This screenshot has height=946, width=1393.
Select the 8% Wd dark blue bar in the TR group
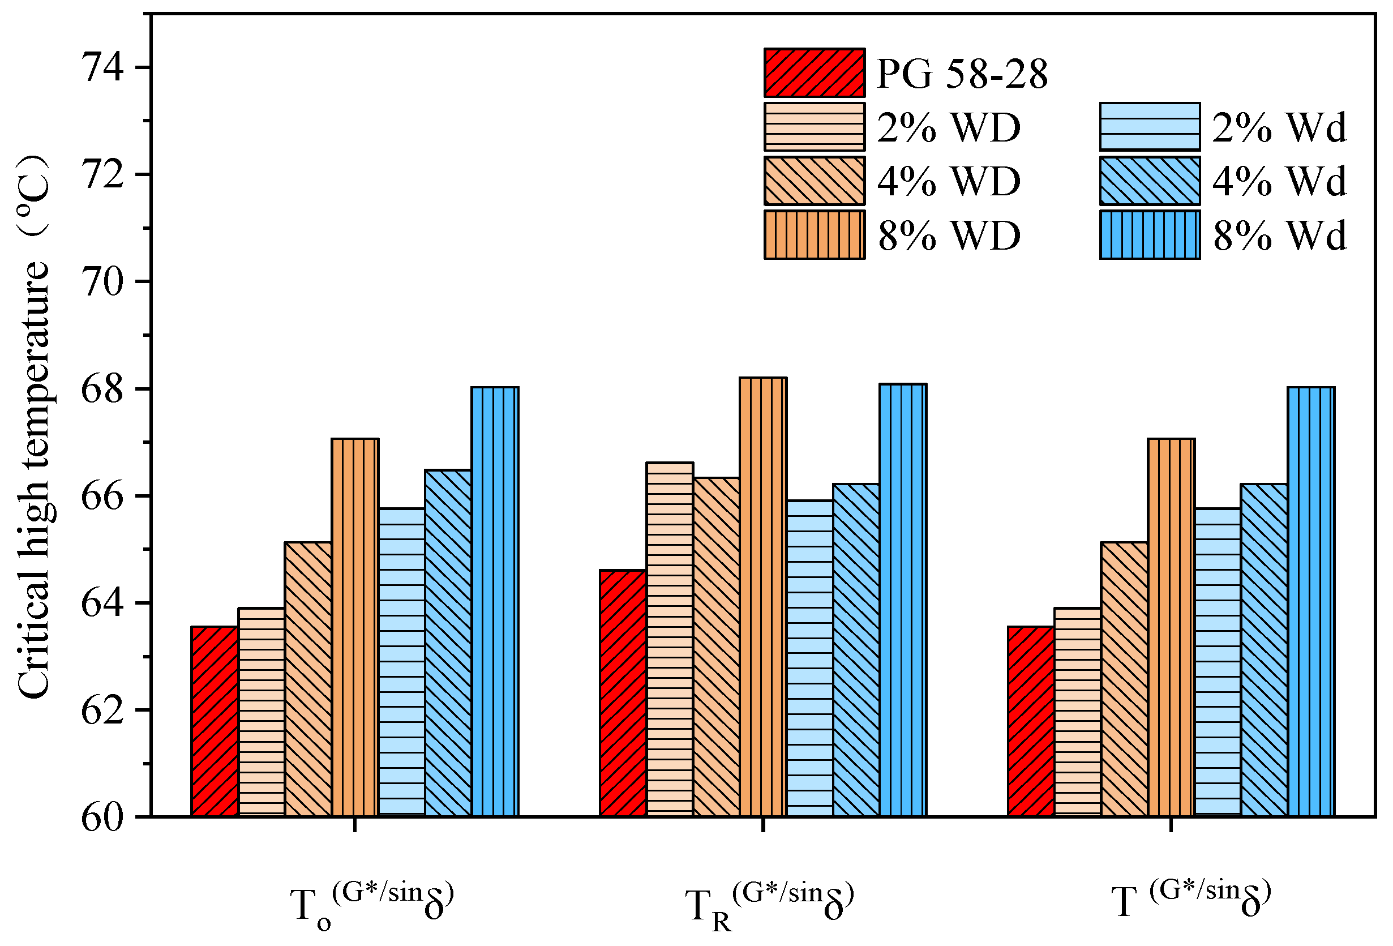903,600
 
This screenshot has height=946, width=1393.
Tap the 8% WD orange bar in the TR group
762,597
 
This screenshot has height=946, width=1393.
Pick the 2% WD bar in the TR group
670,639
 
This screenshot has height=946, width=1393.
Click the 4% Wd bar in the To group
448,643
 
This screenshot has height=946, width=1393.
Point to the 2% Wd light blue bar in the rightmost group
1218,662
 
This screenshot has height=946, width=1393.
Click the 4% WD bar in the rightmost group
1124,679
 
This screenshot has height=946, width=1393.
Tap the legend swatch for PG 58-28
814,72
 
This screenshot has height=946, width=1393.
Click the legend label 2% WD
948,127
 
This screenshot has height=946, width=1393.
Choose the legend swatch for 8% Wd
1149,234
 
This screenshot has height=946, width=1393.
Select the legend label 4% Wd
1279,181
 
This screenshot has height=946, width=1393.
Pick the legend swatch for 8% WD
814,234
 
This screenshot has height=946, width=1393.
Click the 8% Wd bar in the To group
495,601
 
